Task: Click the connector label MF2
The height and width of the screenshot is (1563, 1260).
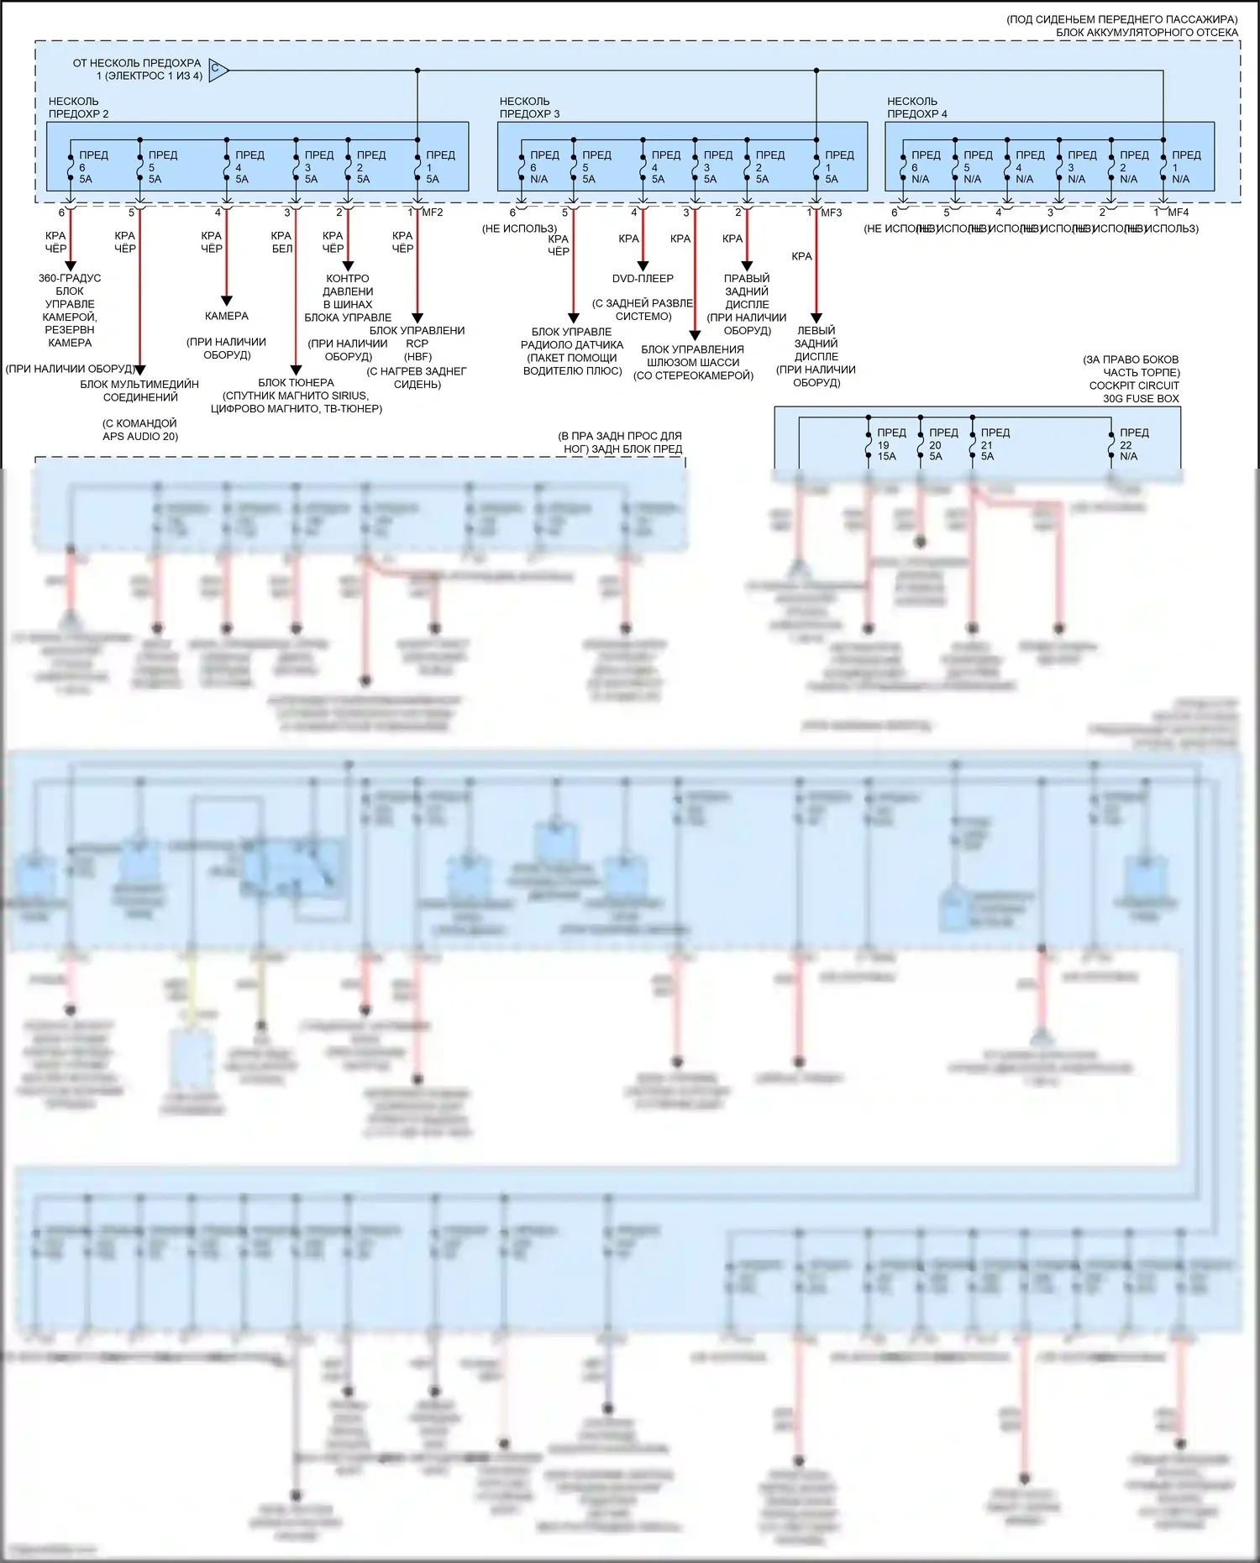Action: point(432,212)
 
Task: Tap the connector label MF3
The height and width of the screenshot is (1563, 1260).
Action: point(831,212)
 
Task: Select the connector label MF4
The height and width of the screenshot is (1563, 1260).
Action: point(1178,212)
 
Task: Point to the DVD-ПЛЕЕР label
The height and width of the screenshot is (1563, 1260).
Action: point(643,279)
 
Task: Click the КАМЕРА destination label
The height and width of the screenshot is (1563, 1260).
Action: point(226,317)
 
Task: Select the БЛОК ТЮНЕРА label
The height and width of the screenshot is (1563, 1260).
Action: point(296,383)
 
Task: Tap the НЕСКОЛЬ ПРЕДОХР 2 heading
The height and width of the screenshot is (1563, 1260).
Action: point(78,108)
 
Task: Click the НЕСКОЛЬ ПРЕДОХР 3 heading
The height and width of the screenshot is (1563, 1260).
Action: point(529,108)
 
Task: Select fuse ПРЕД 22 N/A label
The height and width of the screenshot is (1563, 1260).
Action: point(1133,444)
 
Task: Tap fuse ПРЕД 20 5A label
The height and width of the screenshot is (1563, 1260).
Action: point(942,444)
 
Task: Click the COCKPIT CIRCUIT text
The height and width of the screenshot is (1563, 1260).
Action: point(1133,386)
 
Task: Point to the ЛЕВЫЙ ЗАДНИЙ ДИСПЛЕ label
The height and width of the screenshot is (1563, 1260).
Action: point(816,344)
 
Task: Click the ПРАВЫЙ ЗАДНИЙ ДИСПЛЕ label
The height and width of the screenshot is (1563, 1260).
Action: point(747,291)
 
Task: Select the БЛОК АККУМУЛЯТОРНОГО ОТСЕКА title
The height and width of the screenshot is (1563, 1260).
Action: point(1147,33)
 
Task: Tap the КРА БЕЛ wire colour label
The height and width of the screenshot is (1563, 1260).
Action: point(281,242)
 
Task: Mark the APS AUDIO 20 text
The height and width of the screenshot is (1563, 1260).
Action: point(140,437)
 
